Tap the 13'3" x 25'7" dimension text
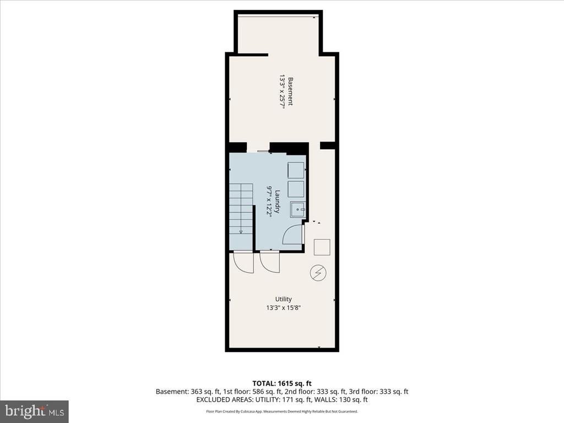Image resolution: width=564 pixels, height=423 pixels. tap(282, 91)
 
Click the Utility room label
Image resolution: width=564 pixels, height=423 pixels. tap(284, 299)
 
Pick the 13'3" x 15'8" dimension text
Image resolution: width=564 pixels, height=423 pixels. tap(284, 307)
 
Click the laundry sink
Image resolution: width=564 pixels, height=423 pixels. tap(298, 209)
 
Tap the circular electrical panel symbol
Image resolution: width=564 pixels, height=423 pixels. tap(318, 273)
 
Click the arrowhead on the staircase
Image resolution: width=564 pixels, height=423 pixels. tap(241, 232)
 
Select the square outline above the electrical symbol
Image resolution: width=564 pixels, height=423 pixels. tap(322, 247)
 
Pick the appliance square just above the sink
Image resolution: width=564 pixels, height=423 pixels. tap(296, 189)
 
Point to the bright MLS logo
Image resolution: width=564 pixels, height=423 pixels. tap(34, 411)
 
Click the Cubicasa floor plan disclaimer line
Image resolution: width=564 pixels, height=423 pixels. tap(282, 411)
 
